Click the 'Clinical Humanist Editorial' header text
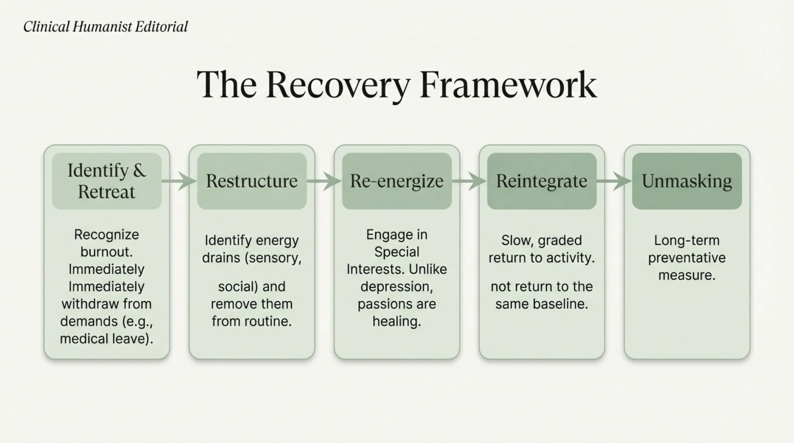[105, 27]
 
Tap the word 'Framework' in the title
[508, 85]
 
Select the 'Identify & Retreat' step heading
[107, 181]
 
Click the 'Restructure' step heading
[252, 181]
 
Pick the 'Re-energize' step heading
[397, 181]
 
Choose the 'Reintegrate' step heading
[542, 181]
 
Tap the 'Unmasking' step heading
[687, 181]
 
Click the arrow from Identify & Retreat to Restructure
[179, 181]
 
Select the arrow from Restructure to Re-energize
[324, 181]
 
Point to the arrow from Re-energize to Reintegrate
[469, 181]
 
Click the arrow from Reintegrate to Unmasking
[614, 181]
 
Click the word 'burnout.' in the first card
[107, 252]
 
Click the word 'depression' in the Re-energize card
[396, 287]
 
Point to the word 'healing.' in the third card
[397, 321]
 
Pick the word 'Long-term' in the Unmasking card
[687, 240]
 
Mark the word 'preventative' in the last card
[687, 258]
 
